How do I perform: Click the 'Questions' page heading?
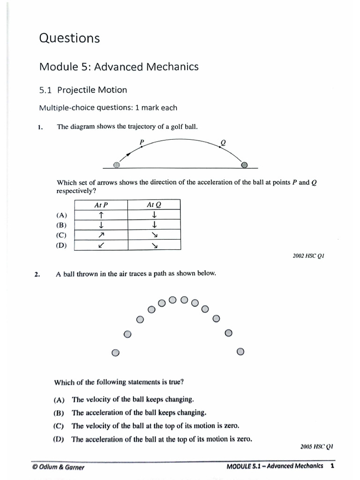[x=69, y=38]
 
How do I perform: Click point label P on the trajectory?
[x=142, y=141]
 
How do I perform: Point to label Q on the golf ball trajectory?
[x=223, y=142]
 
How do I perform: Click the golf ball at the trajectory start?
[x=117, y=165]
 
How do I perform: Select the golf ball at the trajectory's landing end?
[x=244, y=165]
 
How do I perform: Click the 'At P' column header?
[x=101, y=204]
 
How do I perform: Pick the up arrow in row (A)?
[x=101, y=215]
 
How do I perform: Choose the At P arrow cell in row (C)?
[x=101, y=235]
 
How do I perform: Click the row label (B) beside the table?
[x=61, y=225]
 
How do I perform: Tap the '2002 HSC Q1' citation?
[x=308, y=256]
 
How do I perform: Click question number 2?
[x=37, y=275]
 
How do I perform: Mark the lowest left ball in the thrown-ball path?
[x=116, y=352]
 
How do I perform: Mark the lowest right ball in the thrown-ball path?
[x=240, y=352]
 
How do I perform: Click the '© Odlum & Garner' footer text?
[x=59, y=467]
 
